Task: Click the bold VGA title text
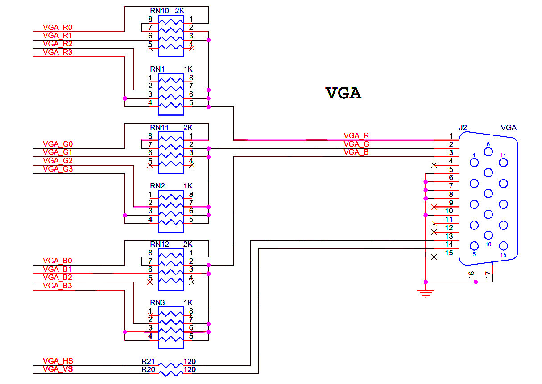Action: pos(343,93)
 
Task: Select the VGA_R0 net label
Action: pos(58,27)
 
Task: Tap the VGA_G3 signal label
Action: pos(58,169)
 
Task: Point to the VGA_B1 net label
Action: pos(58,269)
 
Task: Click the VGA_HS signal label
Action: pos(58,361)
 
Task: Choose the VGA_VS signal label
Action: pos(58,369)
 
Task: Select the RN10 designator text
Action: pos(160,11)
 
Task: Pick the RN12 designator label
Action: pos(160,244)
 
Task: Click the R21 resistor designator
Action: pos(148,361)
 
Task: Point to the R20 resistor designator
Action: pos(148,369)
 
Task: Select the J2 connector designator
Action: pos(463,127)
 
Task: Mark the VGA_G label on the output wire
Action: pos(356,144)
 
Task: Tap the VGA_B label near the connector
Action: pos(356,152)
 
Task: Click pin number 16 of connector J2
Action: pos(472,275)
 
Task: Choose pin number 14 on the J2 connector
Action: pos(449,244)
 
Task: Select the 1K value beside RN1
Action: pos(188,69)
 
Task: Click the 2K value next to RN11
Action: pos(188,127)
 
